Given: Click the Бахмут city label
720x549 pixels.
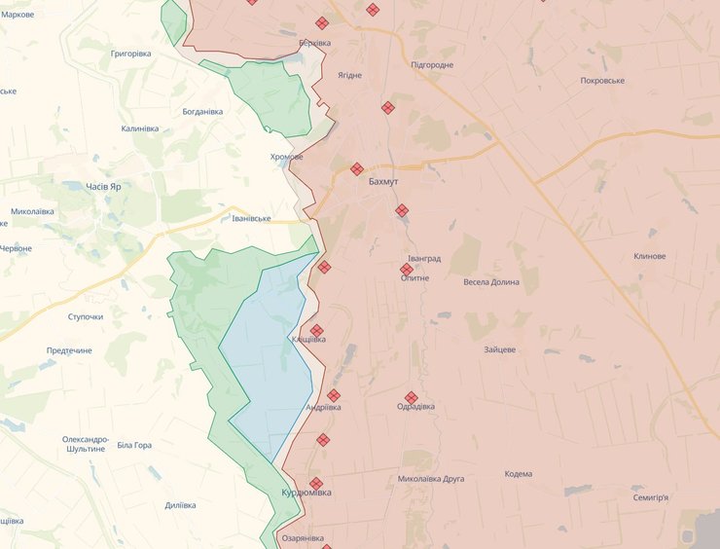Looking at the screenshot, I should click(x=383, y=182).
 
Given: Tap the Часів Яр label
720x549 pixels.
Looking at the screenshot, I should click(x=103, y=186).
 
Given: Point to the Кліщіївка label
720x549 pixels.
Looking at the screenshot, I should click(x=308, y=339).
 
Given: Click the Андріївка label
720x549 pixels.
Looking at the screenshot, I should click(x=323, y=407).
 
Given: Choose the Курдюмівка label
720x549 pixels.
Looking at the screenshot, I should click(x=306, y=493).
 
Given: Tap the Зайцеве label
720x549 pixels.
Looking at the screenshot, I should click(x=499, y=349).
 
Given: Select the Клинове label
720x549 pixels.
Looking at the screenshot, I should click(x=649, y=256).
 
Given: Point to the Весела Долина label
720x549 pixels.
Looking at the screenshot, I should click(x=491, y=282).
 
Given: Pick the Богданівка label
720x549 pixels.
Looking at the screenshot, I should click(x=202, y=112).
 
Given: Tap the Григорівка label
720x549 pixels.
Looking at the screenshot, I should click(x=131, y=54).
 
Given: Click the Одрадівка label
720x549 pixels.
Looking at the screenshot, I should click(x=416, y=407).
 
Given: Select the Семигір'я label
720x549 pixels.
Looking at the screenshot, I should click(x=651, y=497).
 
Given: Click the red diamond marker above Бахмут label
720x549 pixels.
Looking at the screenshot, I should click(x=357, y=168).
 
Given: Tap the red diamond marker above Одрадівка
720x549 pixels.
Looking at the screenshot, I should click(x=412, y=397).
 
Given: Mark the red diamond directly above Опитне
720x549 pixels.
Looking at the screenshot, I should click(x=407, y=269).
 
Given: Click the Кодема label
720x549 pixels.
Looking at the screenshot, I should click(x=519, y=474).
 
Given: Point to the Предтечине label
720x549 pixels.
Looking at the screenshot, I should click(x=69, y=350).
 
